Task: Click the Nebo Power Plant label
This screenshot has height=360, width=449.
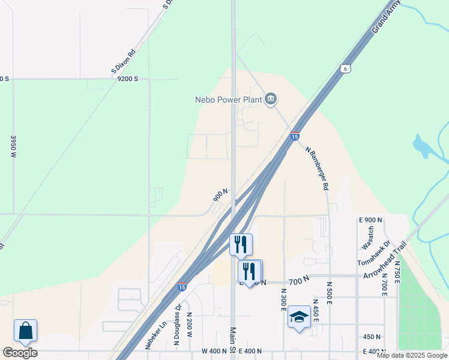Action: pyautogui.click(x=229, y=99)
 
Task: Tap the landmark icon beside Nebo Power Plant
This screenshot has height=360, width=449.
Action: pyautogui.click(x=271, y=98)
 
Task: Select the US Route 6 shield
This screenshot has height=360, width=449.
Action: pyautogui.click(x=345, y=69)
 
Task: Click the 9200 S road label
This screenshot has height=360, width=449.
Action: pyautogui.click(x=128, y=79)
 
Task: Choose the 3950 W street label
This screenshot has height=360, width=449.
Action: pyautogui.click(x=13, y=146)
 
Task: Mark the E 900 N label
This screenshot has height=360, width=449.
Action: pyautogui.click(x=370, y=220)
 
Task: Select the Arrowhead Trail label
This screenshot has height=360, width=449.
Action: pyautogui.click(x=385, y=260)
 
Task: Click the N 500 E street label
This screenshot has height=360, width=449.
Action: pyautogui.click(x=330, y=292)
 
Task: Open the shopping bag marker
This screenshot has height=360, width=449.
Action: pyautogui.click(x=26, y=331)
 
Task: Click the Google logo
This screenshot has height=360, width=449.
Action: pyautogui.click(x=20, y=353)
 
